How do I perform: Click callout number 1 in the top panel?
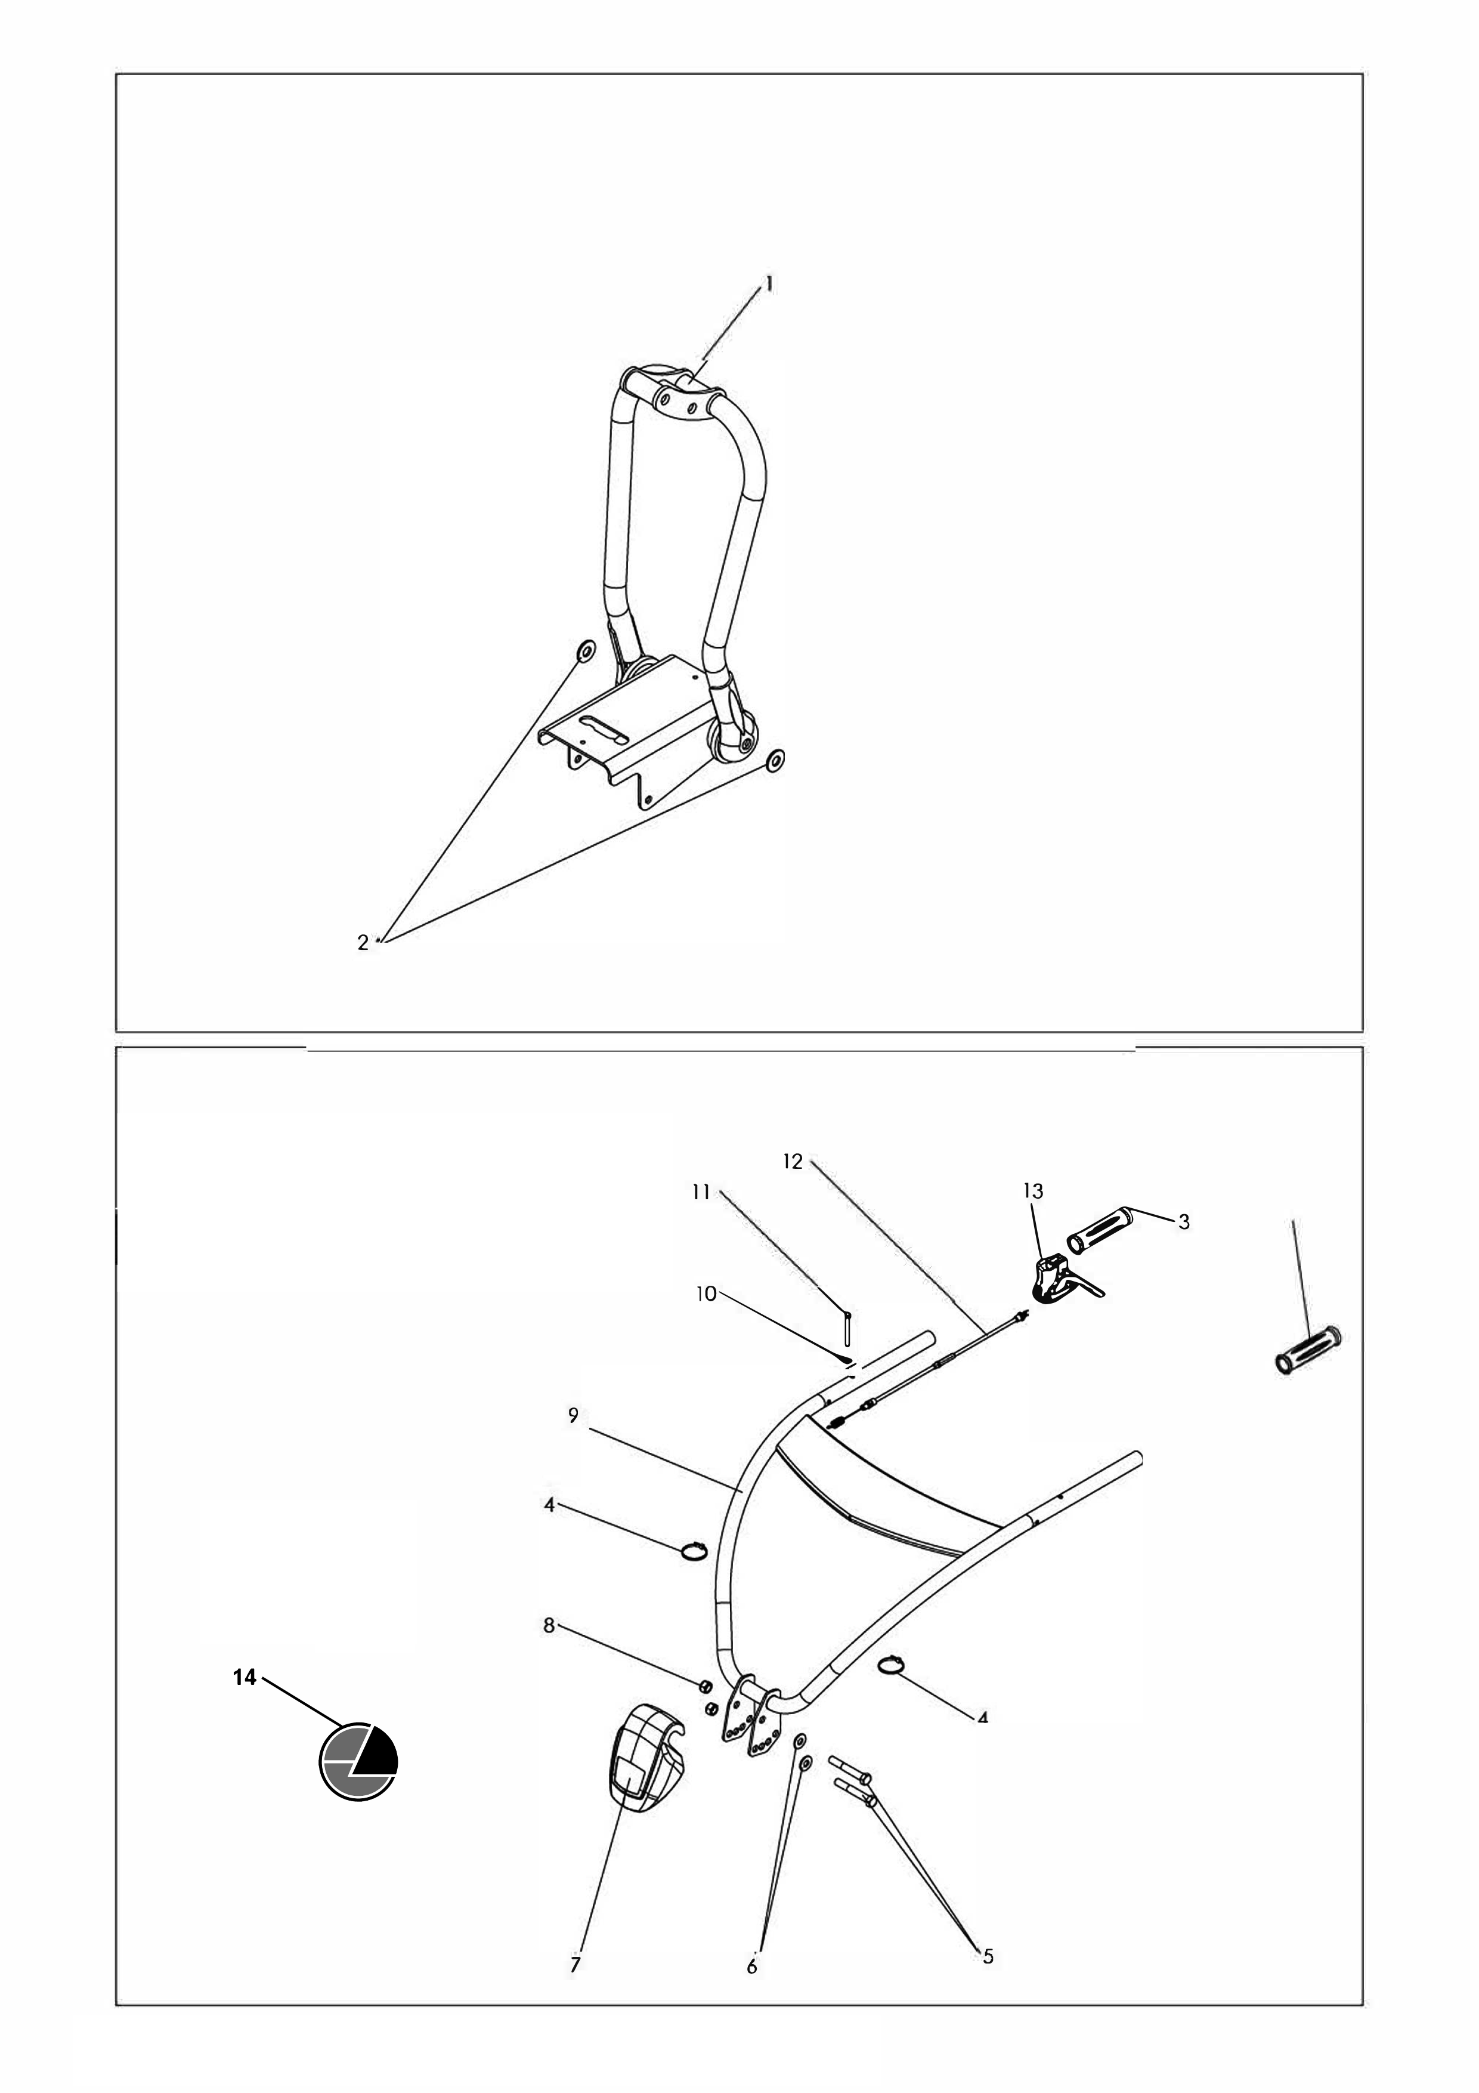click(769, 285)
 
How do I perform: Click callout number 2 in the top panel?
click(363, 943)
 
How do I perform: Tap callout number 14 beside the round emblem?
click(245, 1677)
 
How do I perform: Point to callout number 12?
click(793, 1162)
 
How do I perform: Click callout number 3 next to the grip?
click(1184, 1223)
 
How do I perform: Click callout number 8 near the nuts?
click(549, 1625)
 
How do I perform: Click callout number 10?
click(706, 1294)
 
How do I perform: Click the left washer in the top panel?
click(584, 651)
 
